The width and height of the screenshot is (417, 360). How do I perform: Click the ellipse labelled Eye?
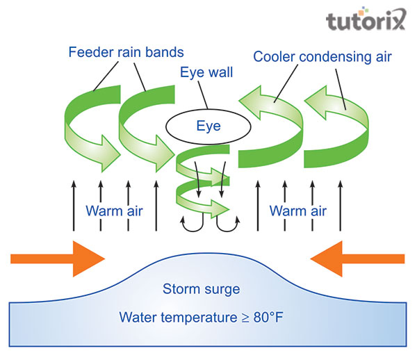tap(207, 126)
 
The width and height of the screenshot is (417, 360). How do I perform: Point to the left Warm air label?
tap(114, 211)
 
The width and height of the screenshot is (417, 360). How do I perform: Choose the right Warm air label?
tap(298, 211)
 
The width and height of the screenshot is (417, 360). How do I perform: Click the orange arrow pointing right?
tap(59, 259)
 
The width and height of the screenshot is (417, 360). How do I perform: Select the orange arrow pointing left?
tap(356, 259)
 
